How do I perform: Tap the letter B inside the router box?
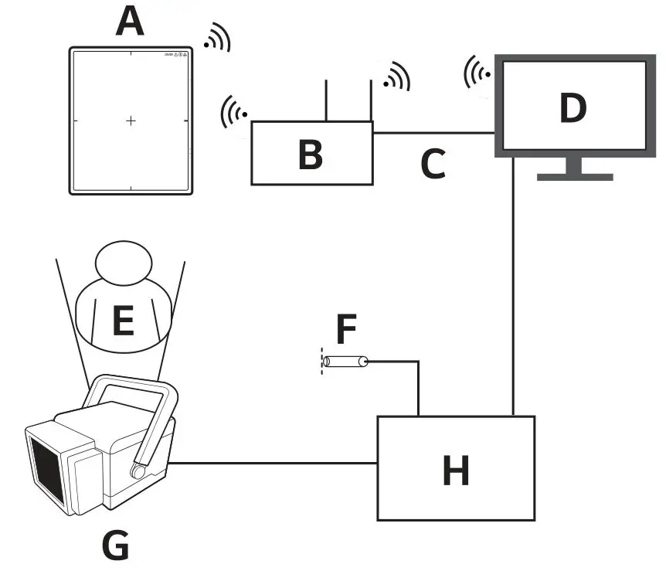pos(310,154)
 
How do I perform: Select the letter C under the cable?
pos(433,163)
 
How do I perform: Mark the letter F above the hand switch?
pos(345,329)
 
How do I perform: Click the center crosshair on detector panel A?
pos(131,121)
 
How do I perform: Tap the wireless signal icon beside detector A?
pos(217,38)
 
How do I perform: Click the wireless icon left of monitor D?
pos(477,73)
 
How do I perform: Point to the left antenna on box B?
pos(327,100)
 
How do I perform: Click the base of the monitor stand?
pos(575,176)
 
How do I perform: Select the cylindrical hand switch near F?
pos(345,361)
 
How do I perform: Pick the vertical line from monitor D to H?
pos(514,286)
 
